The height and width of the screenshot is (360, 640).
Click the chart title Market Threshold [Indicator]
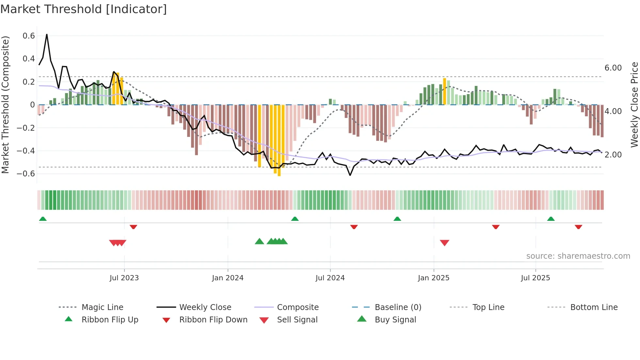pos(84,9)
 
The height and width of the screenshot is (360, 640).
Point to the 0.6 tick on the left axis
pos(29,36)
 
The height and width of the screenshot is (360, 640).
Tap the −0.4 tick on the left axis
pos(26,151)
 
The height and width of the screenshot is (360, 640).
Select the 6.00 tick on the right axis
pos(613,68)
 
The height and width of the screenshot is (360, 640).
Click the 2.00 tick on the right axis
pos(613,155)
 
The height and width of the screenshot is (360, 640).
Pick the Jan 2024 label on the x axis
pos(228,278)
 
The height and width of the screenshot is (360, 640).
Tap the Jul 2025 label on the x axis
pos(535,278)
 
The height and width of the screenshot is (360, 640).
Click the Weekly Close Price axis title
pos(634,105)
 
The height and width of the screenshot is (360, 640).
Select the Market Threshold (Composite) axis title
pos(5,105)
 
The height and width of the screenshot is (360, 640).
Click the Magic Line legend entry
pos(102,307)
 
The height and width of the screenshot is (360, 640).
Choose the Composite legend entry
pos(297,307)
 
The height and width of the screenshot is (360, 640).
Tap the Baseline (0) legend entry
pos(398,307)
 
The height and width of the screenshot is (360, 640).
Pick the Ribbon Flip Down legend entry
pos(213,320)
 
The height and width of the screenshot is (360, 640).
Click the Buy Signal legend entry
pos(395,320)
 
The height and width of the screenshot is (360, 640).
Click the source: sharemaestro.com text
pos(578,256)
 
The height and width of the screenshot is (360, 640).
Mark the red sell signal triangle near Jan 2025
pos(444,242)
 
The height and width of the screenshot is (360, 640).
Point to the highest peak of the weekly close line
pos(47,35)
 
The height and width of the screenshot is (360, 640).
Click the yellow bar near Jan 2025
pos(444,91)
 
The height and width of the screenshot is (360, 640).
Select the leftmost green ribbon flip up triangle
pos(43,219)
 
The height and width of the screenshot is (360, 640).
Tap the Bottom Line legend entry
pos(594,307)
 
